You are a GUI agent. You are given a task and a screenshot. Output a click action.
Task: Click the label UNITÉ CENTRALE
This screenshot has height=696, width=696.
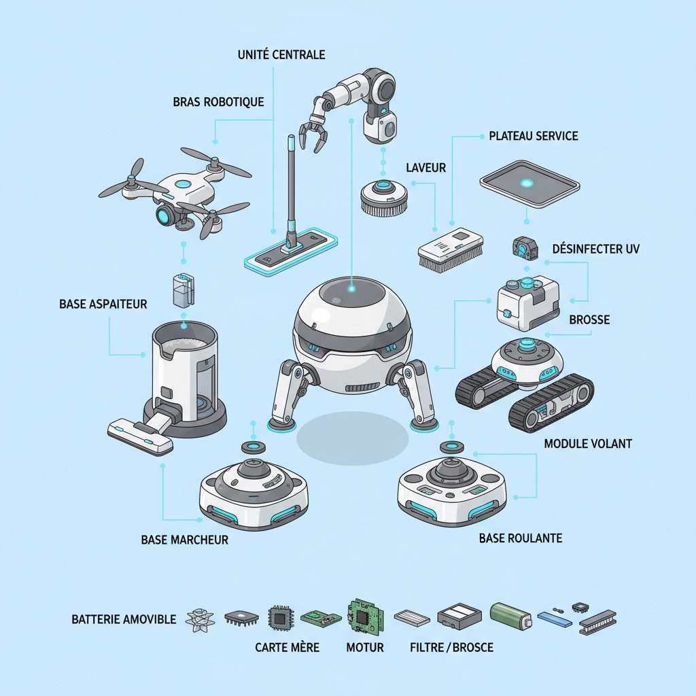[281, 54]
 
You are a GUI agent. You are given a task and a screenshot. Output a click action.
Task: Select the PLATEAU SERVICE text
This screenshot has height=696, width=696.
[534, 136]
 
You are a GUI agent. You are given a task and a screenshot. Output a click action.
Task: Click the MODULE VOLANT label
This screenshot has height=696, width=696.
[588, 444]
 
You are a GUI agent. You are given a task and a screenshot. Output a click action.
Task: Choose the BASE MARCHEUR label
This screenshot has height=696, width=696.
[185, 540]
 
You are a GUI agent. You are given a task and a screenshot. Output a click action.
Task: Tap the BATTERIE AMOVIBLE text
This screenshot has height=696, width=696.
[124, 619]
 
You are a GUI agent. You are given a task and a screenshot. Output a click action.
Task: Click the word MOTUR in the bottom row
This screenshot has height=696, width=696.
[364, 647]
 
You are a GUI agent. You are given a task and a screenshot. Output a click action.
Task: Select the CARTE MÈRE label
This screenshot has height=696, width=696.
[287, 647]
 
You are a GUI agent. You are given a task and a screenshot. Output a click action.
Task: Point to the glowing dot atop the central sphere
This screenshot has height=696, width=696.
[351, 290]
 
